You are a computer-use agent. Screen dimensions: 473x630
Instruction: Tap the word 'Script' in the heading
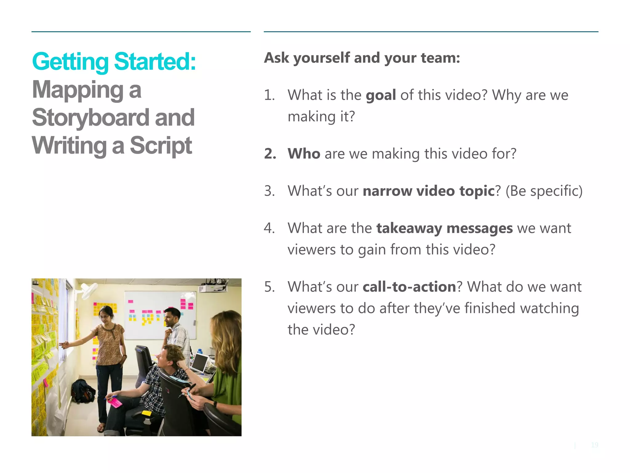(161, 145)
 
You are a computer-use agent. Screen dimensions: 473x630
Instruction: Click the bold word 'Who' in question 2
(304, 154)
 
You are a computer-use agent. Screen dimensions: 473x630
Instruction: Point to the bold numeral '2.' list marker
(270, 154)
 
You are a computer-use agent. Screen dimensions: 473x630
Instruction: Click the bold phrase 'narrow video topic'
(429, 191)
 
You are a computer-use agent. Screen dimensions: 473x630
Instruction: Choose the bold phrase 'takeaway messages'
(445, 228)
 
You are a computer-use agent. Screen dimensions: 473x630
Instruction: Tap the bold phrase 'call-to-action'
(409, 287)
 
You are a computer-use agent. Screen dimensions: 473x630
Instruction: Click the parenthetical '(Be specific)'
(544, 191)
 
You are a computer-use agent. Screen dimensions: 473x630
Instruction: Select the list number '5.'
(269, 287)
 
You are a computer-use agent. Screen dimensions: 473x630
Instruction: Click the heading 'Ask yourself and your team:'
(362, 58)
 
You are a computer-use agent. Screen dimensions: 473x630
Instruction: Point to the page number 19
(595, 445)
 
